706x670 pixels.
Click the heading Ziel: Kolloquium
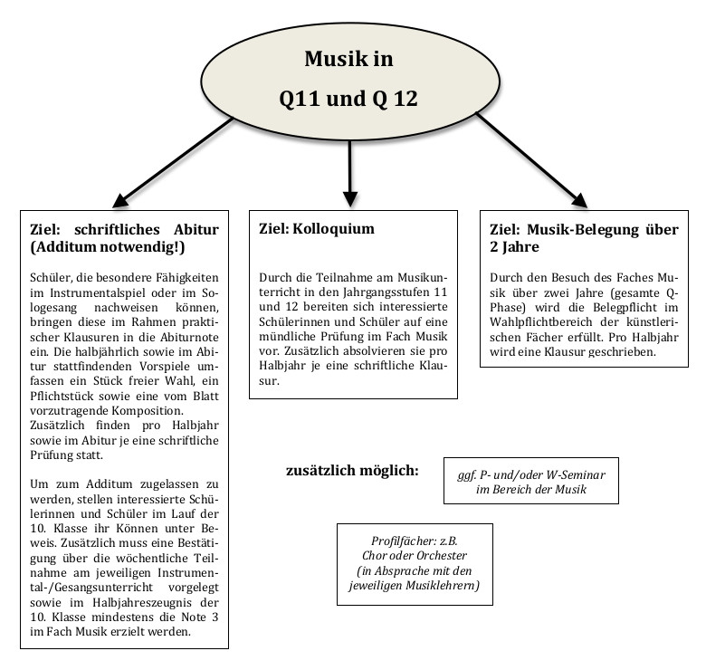click(316, 228)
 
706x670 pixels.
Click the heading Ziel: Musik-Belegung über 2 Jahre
click(583, 237)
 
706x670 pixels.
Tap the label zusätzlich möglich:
click(352, 471)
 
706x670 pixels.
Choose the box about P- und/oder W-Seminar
click(531, 481)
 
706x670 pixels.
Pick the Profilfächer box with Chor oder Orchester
click(414, 563)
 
